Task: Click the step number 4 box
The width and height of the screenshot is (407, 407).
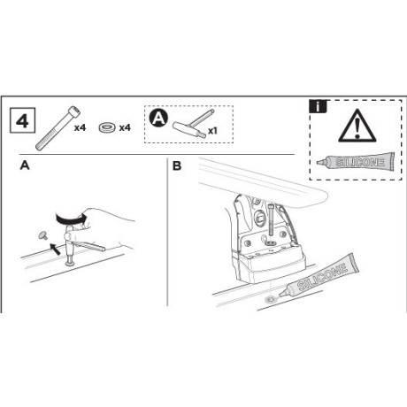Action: (x=23, y=120)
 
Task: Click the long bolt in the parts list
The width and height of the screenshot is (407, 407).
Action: (x=58, y=128)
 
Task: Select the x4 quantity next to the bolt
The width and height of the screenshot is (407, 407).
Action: (x=80, y=127)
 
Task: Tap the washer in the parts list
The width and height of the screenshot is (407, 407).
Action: (x=106, y=127)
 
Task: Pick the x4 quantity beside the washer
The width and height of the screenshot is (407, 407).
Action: (x=125, y=127)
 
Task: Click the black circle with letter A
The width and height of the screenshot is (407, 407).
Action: (x=158, y=119)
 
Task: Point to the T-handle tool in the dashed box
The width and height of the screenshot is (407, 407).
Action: (x=193, y=124)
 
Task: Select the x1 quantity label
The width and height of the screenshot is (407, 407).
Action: (x=212, y=130)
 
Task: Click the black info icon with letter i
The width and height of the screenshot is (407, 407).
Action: (x=318, y=106)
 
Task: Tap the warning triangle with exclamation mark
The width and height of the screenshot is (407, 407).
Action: (x=357, y=126)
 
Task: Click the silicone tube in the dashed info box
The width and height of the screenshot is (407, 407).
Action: (x=356, y=162)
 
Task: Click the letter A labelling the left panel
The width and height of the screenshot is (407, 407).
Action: (x=25, y=165)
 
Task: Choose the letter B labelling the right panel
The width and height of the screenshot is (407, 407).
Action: (x=177, y=165)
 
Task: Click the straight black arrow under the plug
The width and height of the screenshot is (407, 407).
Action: (x=55, y=249)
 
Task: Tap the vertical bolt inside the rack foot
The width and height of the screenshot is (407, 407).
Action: (x=271, y=220)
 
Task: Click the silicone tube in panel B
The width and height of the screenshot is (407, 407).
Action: (x=319, y=275)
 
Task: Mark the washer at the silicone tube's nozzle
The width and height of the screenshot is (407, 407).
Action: (x=270, y=300)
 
